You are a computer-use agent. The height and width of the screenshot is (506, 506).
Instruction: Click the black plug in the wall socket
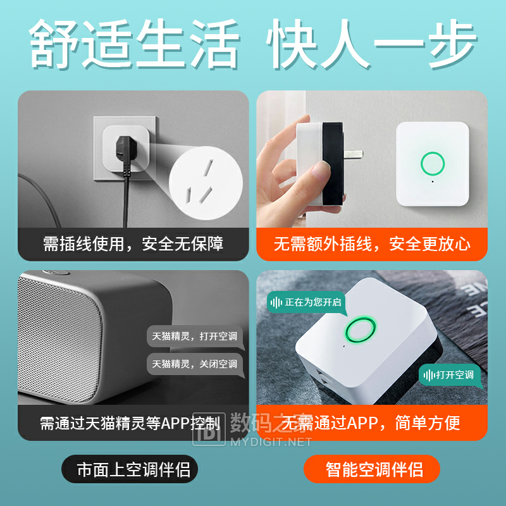coord(124,149)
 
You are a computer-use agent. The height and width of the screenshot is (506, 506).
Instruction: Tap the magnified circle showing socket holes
coord(206,183)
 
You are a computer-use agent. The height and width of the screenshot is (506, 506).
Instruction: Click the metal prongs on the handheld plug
coord(353,154)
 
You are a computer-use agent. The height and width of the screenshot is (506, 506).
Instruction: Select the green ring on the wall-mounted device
coord(433,164)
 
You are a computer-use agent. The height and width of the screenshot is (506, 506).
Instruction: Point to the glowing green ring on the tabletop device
coord(361,330)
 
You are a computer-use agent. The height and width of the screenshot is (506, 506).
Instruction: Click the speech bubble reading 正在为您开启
coord(306,303)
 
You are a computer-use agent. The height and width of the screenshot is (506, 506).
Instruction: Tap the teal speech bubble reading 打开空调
coord(450,375)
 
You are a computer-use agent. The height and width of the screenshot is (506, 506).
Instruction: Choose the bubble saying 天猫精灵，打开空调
coord(195,336)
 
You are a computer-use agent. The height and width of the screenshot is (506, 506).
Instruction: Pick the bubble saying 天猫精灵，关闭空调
coord(195,364)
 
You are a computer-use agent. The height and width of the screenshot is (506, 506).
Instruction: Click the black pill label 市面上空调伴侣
coord(130,469)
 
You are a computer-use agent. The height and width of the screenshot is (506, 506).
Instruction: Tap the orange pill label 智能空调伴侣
coord(372,469)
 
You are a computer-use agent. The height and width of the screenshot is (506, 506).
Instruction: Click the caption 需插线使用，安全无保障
coord(133,244)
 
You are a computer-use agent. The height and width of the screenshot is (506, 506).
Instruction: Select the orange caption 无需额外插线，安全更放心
coord(372,244)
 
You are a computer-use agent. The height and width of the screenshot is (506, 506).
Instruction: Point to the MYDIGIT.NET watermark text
coord(271,441)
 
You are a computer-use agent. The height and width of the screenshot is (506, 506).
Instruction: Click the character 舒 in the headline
coord(54,44)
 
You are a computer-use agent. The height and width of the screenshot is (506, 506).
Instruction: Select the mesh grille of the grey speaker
coord(59,339)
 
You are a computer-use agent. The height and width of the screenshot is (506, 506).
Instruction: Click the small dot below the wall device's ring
coord(433,182)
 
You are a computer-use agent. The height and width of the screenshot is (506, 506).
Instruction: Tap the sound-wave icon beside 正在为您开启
coord(276,303)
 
